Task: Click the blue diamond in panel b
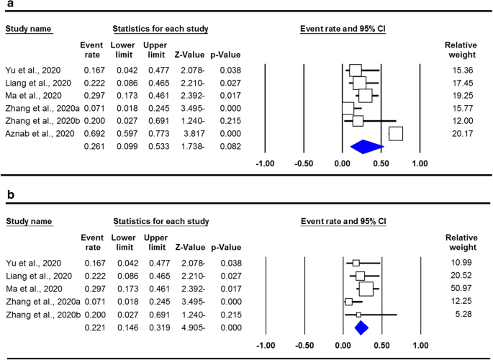coord(361,328)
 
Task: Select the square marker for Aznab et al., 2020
coord(395,133)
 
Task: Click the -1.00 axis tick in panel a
coord(266,163)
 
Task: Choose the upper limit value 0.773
coord(155,133)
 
